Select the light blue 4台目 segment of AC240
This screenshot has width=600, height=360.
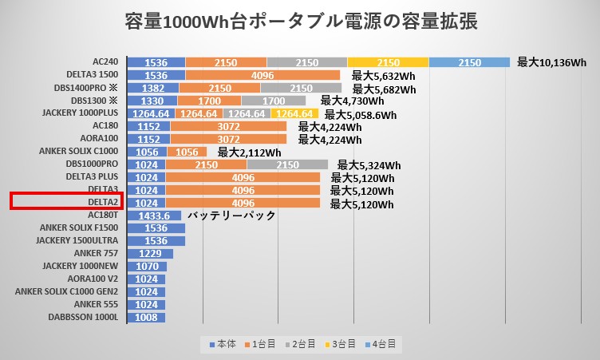470,62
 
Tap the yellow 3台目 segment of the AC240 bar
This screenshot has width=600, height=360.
388,62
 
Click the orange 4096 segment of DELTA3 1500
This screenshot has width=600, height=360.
262,75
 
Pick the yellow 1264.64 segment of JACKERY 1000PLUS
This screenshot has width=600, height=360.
294,113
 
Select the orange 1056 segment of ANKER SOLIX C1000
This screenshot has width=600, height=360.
187,152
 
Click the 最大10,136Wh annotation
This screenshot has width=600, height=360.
552,61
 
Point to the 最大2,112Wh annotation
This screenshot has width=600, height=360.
249,152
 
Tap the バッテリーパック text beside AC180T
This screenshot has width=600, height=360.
231,216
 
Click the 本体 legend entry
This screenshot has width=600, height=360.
223,344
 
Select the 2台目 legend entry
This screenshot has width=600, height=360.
306,344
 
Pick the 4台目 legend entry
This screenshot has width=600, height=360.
381,344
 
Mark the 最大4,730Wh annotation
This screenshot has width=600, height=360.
352,101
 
